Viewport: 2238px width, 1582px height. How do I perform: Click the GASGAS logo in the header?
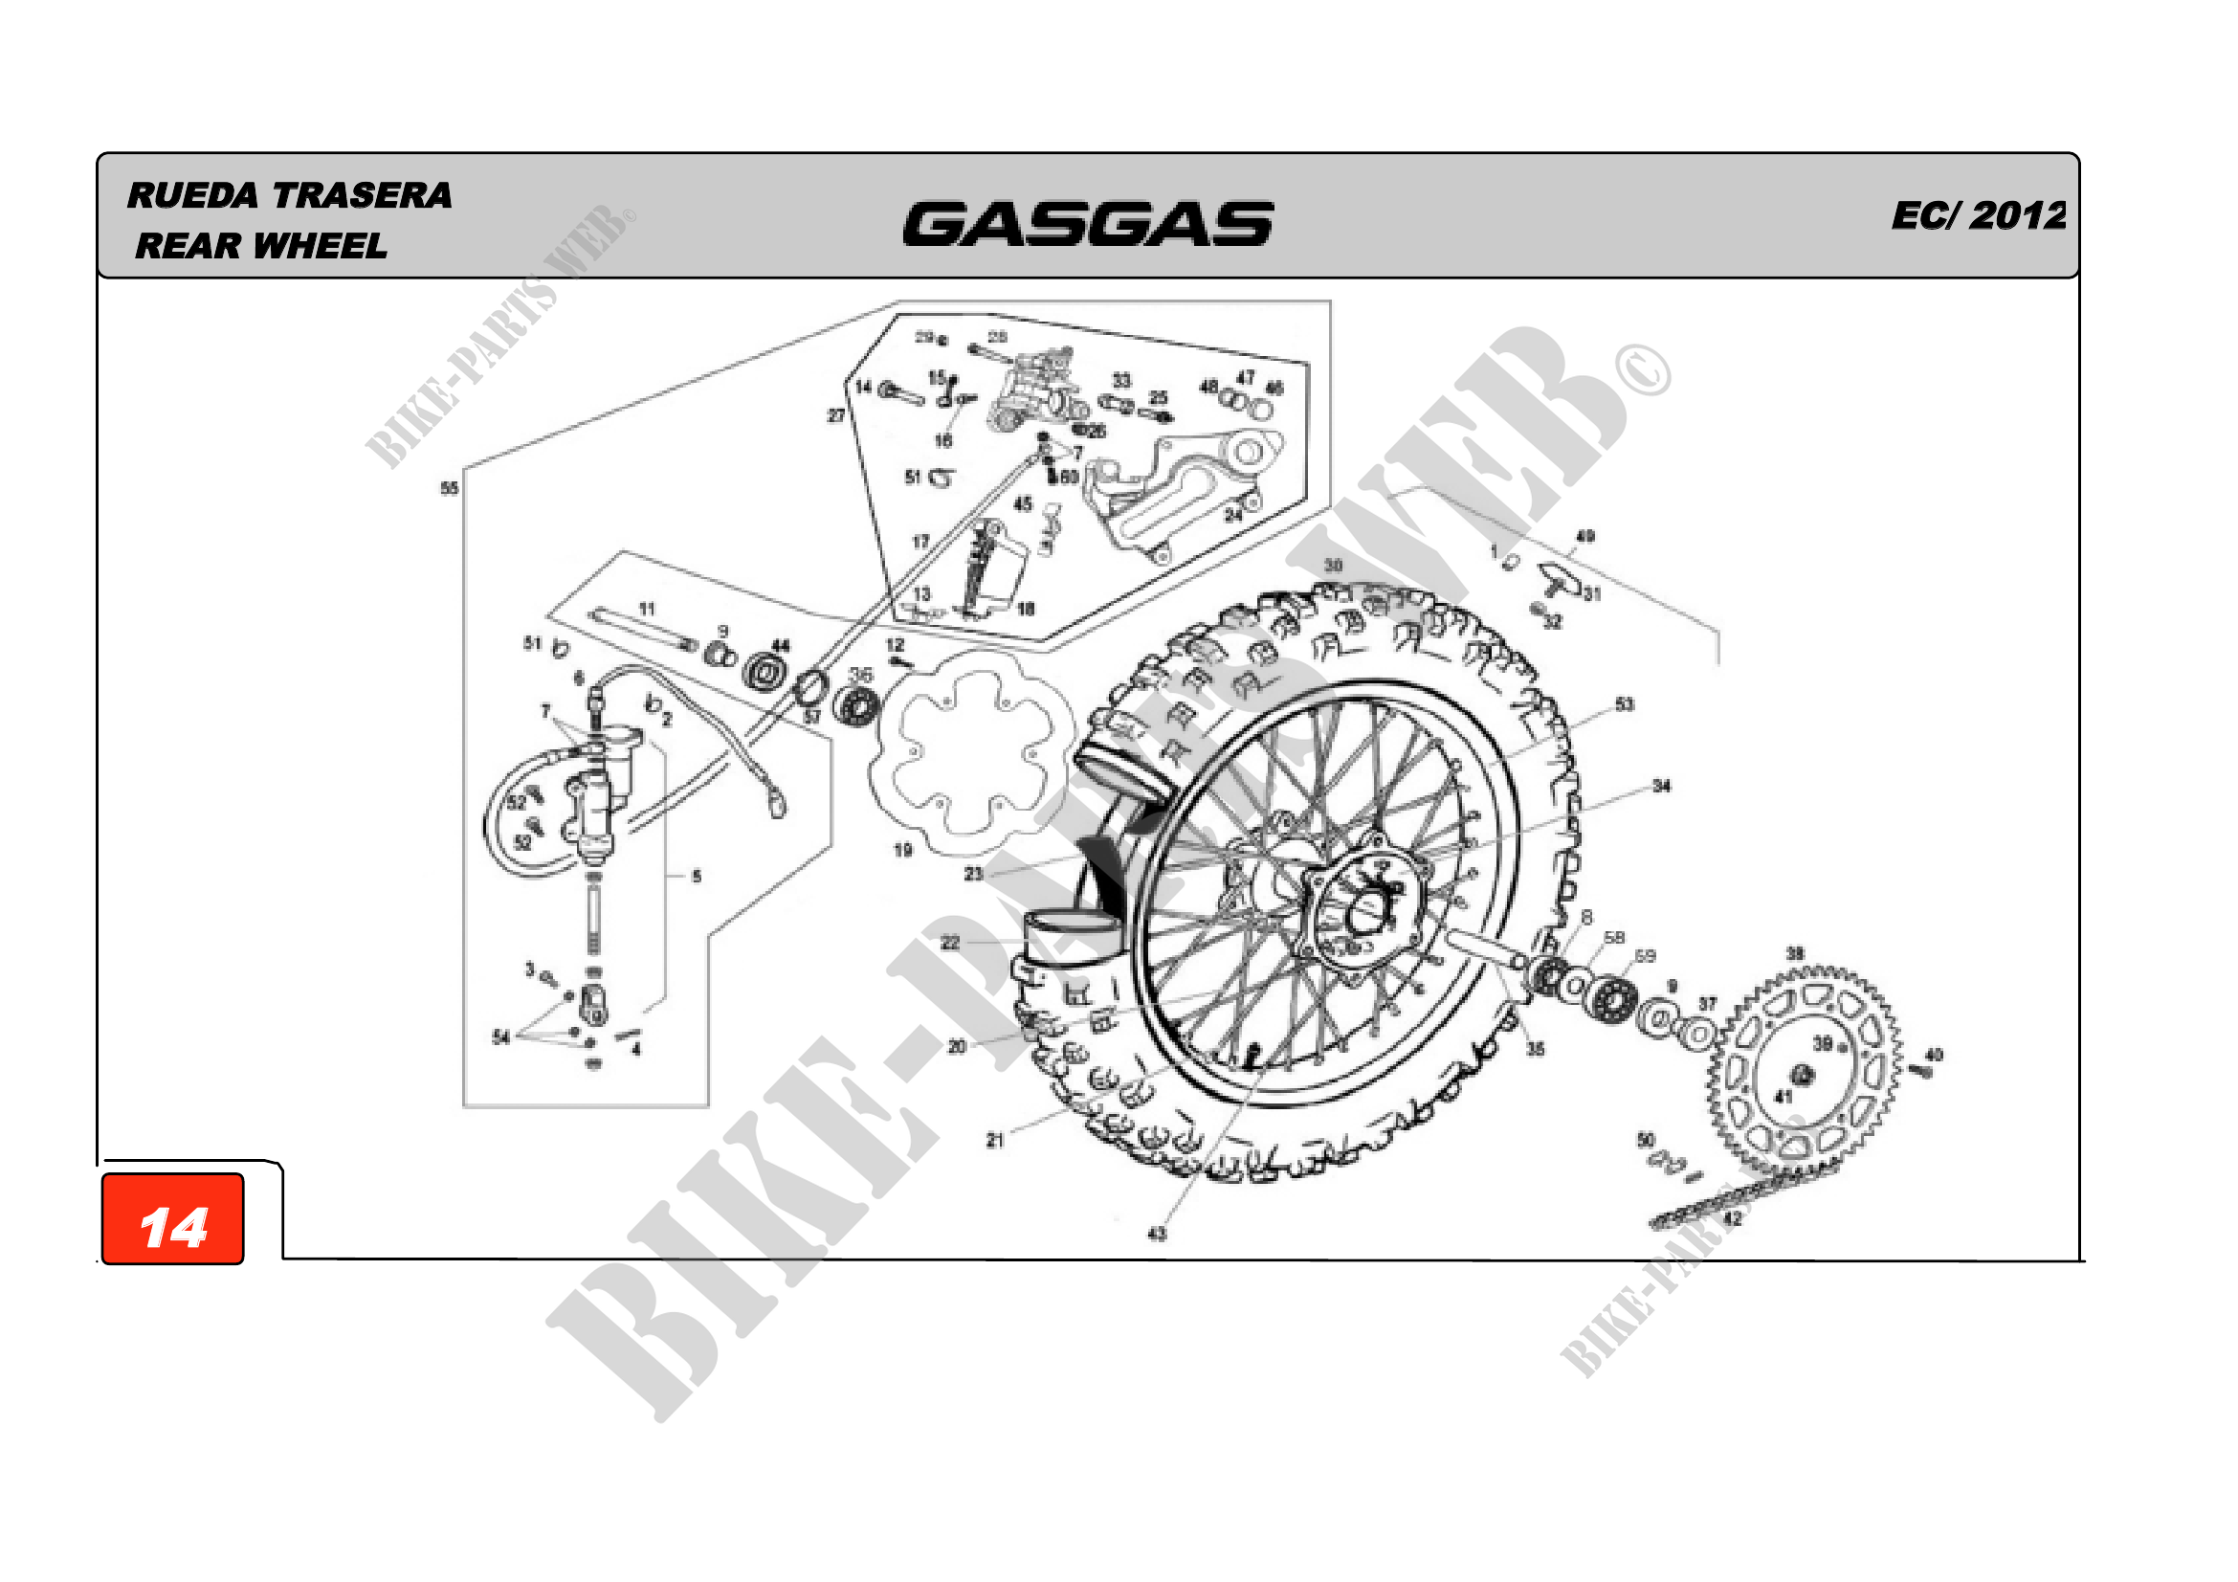tap(1087, 223)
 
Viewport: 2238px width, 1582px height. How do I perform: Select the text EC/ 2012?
tap(1978, 215)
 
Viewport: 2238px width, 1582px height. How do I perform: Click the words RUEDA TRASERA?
tap(290, 195)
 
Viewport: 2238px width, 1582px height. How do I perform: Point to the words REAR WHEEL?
tap(261, 246)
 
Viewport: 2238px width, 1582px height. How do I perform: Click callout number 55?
tap(450, 488)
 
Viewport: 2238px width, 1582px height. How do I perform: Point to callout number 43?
tap(1157, 1234)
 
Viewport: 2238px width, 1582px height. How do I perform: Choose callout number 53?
tap(1624, 704)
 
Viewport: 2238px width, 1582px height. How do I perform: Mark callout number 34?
tap(1661, 786)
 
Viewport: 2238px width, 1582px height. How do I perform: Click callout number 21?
tap(995, 1140)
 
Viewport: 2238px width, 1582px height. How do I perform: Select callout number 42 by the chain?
tap(1732, 1218)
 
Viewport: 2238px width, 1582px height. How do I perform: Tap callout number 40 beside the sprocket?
tap(1934, 1055)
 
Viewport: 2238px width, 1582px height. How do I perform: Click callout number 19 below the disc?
tap(903, 850)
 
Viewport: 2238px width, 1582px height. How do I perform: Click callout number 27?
tap(836, 416)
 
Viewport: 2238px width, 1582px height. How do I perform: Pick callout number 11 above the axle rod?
tap(647, 610)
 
